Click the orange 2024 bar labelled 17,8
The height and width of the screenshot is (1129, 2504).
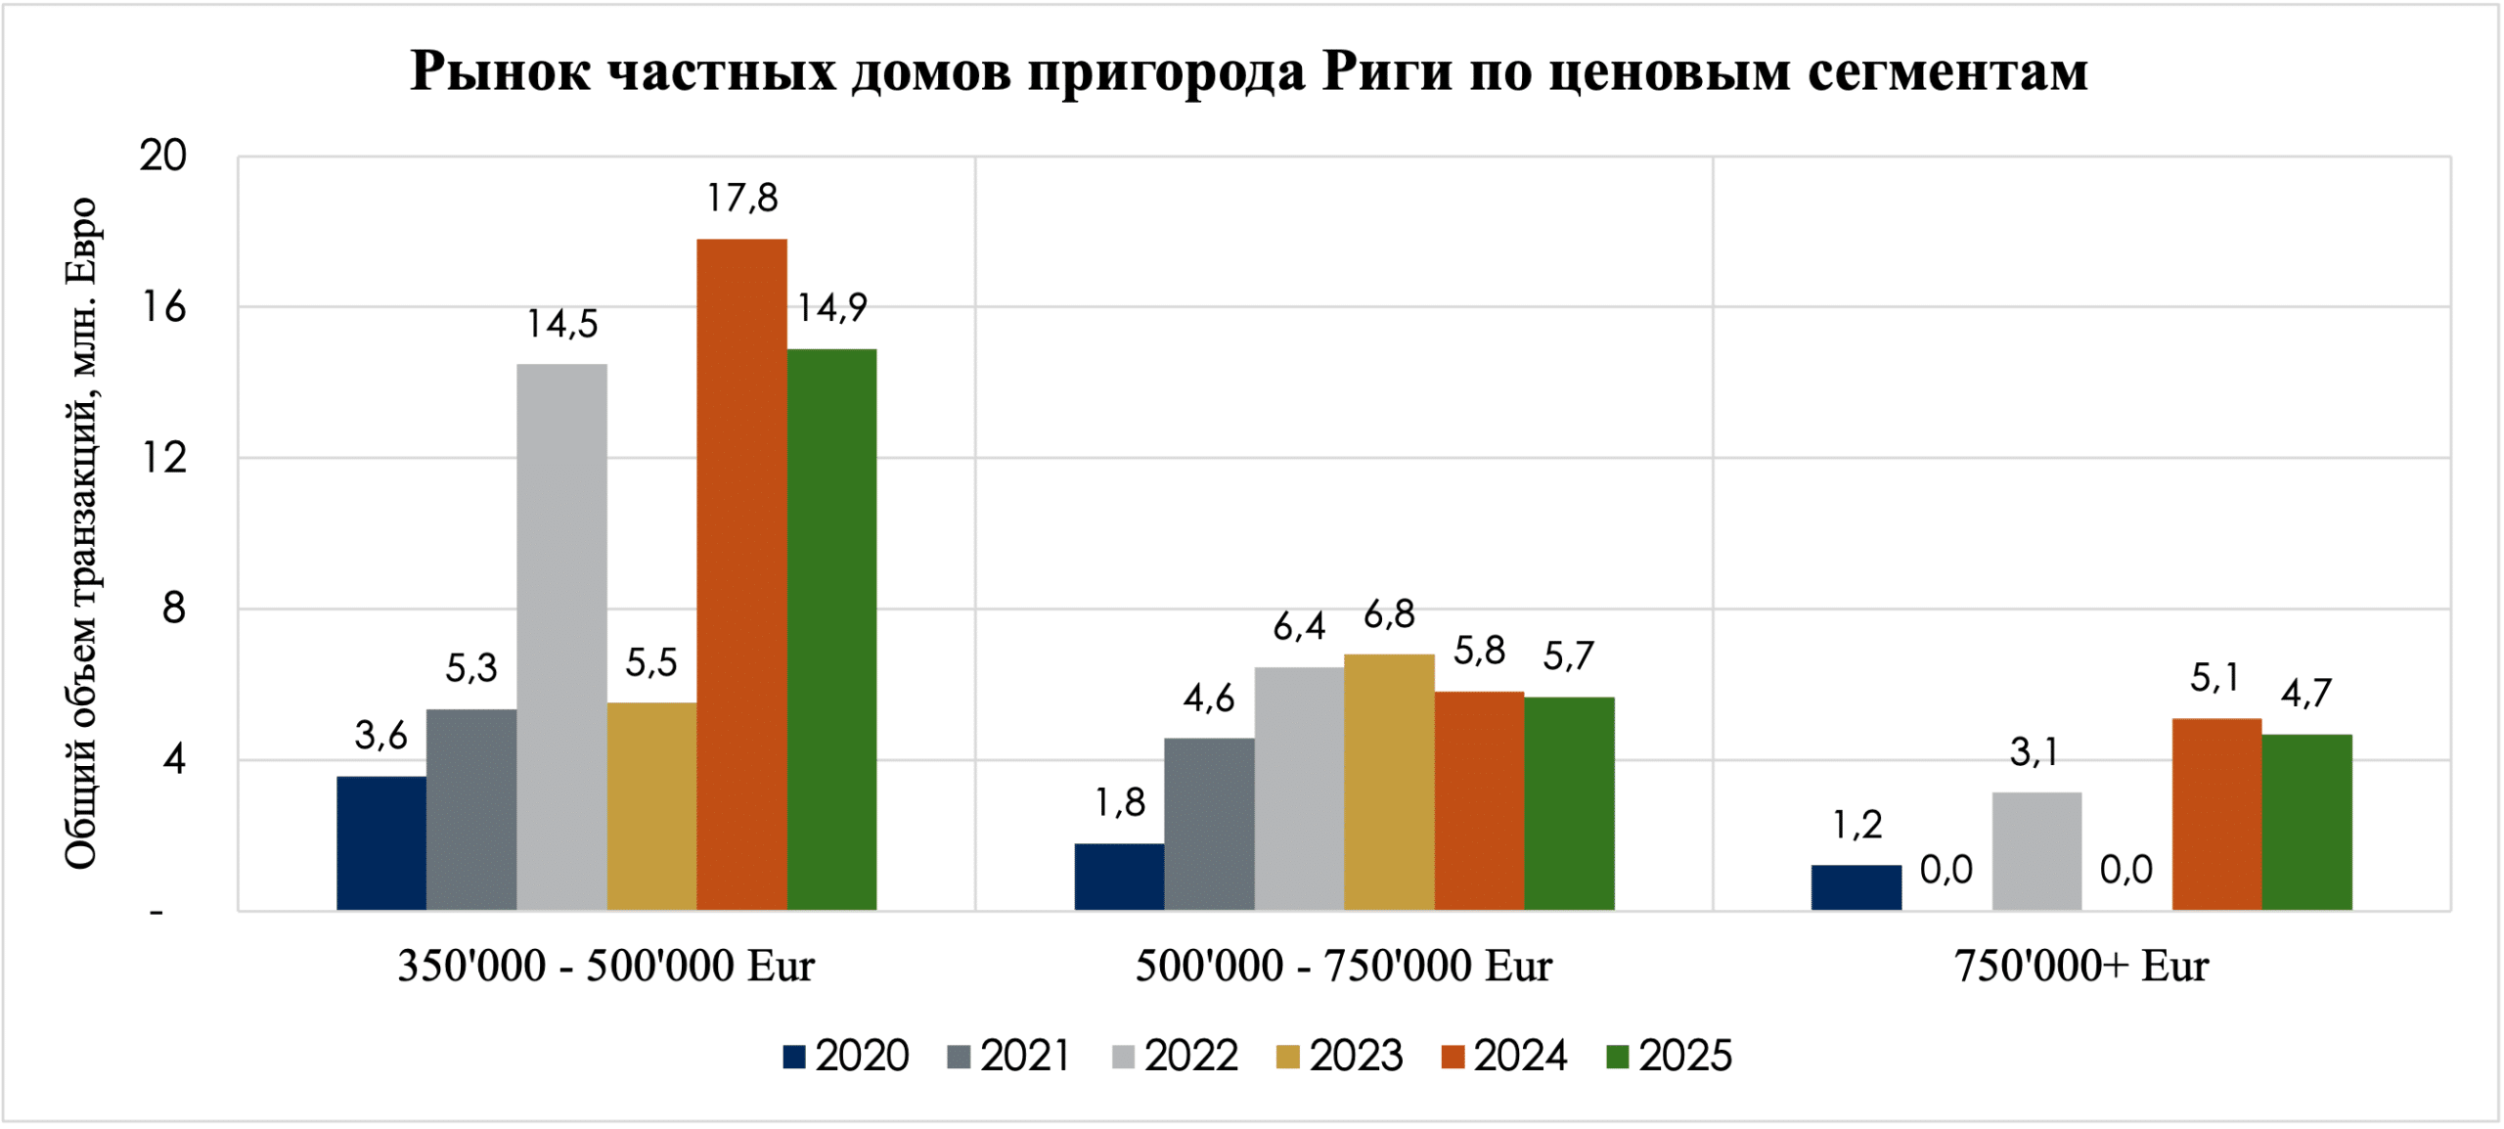(741, 575)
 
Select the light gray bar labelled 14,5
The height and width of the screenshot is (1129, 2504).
(561, 638)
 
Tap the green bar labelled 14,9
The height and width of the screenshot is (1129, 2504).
(831, 630)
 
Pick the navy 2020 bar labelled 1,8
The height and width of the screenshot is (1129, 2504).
(1119, 877)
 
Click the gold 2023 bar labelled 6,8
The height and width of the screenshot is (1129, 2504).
(1389, 783)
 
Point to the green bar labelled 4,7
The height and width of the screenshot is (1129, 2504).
(2306, 822)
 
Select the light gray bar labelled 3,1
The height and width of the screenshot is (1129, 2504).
(2036, 851)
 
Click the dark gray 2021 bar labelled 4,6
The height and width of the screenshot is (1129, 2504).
(1209, 824)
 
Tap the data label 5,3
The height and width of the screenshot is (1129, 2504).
(471, 668)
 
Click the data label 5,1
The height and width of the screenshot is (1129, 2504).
(2214, 678)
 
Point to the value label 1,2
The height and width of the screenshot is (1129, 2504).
(1856, 826)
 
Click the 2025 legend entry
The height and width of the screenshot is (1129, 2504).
(1669, 1057)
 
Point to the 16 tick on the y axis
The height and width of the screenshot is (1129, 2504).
(163, 307)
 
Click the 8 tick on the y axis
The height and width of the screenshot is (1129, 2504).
(173, 610)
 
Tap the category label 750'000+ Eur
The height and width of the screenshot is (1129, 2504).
(2081, 967)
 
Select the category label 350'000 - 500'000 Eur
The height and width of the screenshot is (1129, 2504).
(605, 967)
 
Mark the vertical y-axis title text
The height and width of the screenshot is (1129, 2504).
(80, 533)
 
